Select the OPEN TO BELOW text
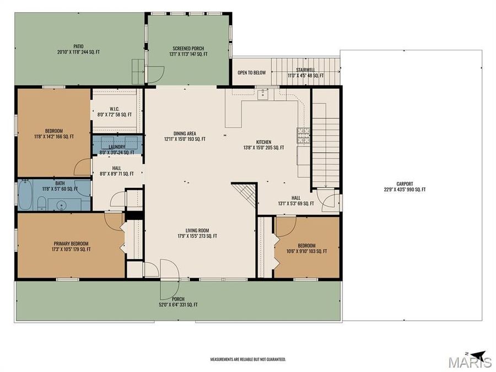coord(251,72)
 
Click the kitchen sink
coord(263,94)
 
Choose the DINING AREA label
coord(185,133)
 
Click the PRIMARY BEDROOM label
coord(71,243)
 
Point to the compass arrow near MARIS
coord(477,354)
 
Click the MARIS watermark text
coord(470,362)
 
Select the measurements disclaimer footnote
coord(248,359)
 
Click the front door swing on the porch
coord(170,273)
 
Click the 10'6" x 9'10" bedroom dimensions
coord(306,251)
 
